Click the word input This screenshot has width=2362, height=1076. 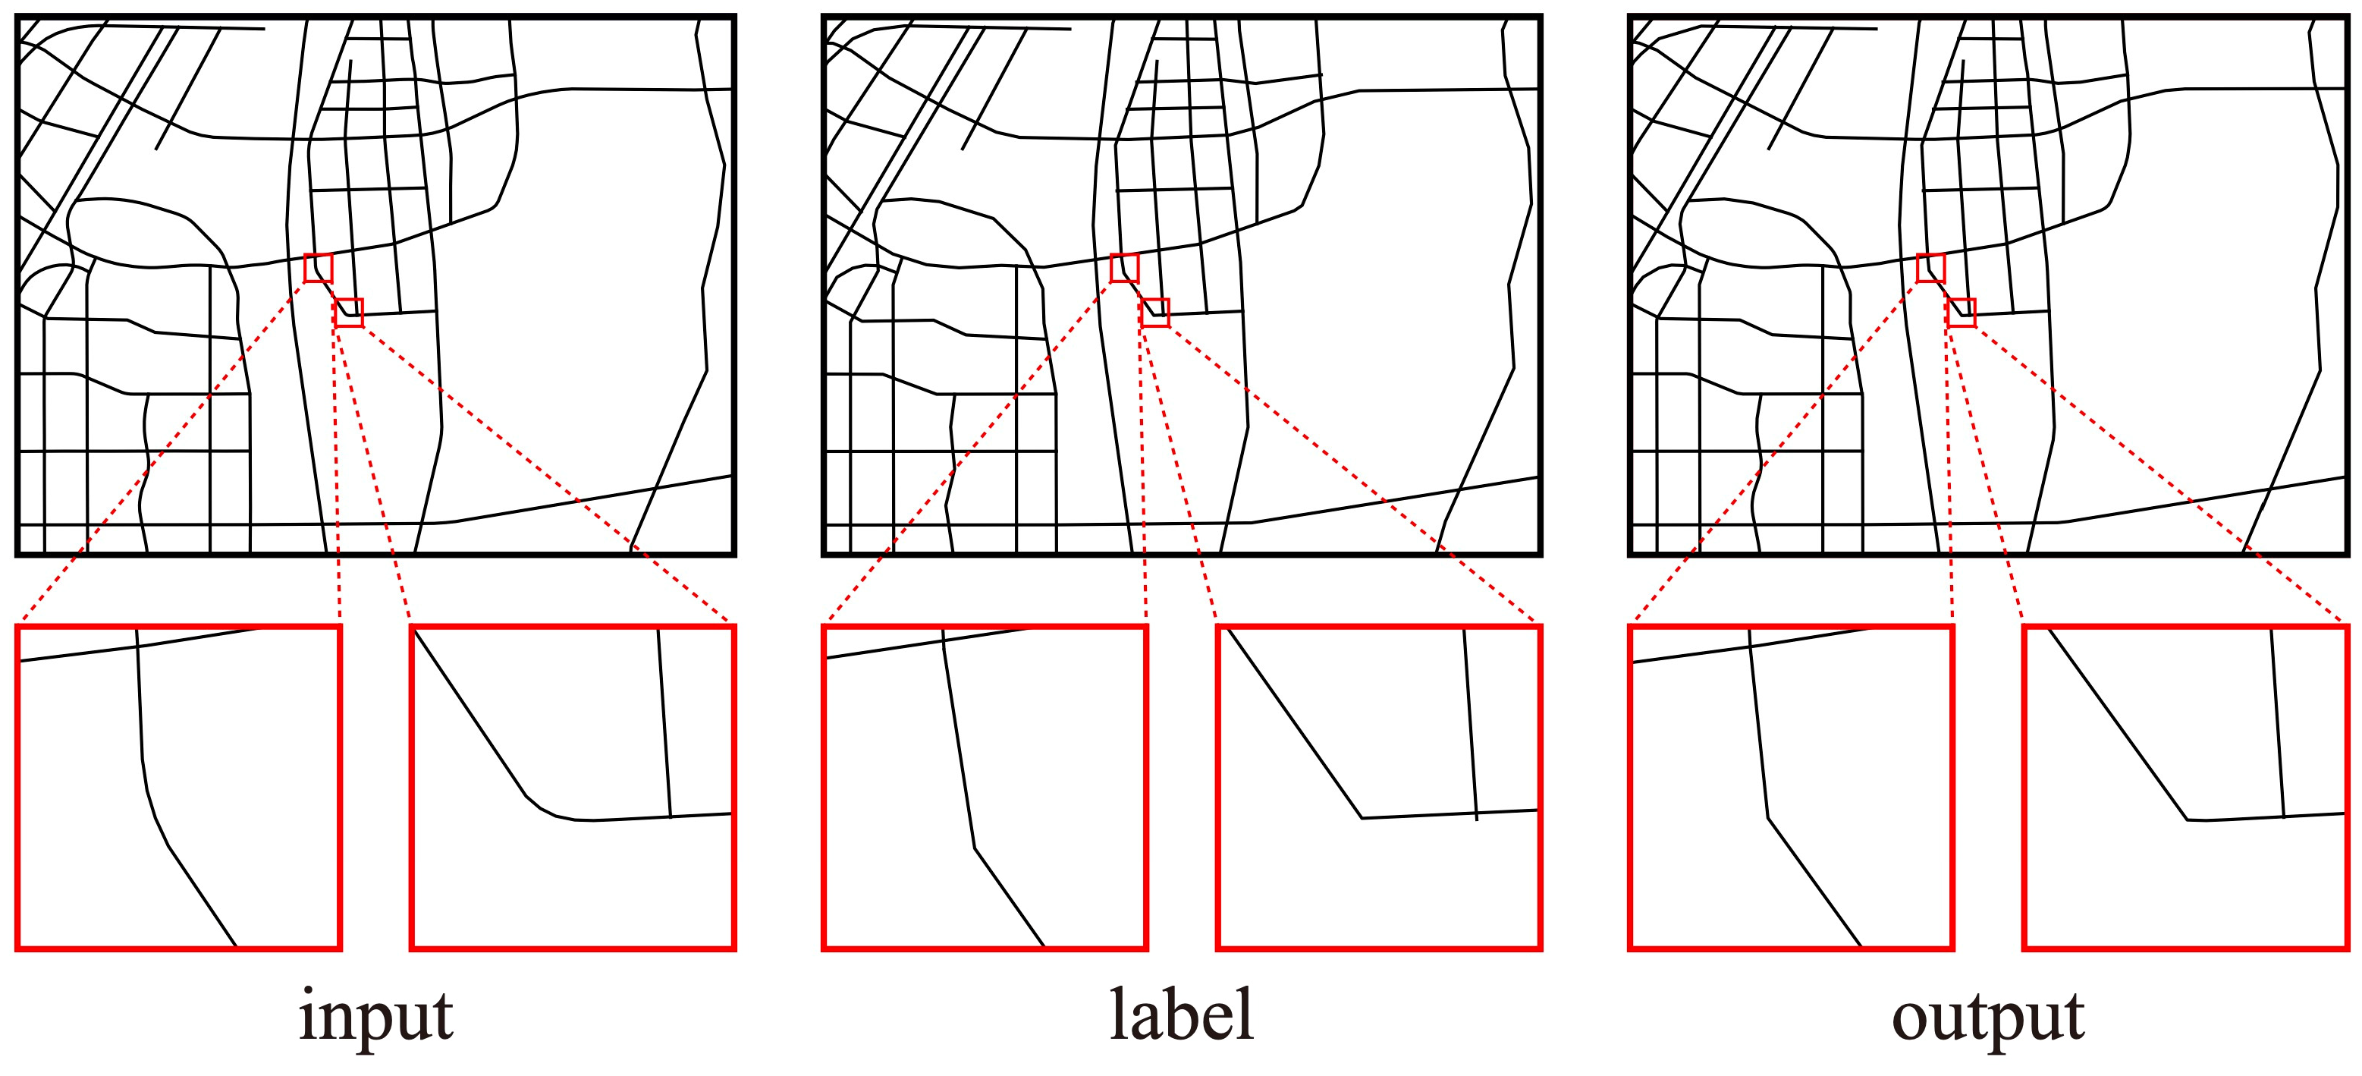coord(376,1016)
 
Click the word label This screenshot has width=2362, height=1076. coord(1181,1015)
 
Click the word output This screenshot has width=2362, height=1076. coord(1988,1016)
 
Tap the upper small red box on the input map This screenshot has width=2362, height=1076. coord(318,268)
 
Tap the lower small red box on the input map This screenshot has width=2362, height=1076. coord(348,313)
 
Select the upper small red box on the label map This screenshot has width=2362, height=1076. coord(1124,268)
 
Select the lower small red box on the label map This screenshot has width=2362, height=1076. coord(1154,313)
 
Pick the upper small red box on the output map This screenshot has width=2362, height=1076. coord(1930,268)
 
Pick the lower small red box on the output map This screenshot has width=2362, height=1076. coord(1961,313)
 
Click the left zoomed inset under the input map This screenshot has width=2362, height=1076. coord(179,787)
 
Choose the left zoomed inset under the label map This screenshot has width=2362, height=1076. coord(985,787)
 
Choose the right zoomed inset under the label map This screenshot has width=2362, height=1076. coord(1378,787)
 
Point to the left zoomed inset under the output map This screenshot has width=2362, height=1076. coord(1791,787)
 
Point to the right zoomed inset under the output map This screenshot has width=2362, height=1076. coord(2185,787)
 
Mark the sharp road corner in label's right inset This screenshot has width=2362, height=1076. coord(1362,817)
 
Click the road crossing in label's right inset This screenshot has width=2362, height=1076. coord(1476,813)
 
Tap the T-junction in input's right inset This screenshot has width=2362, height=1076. coord(671,816)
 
